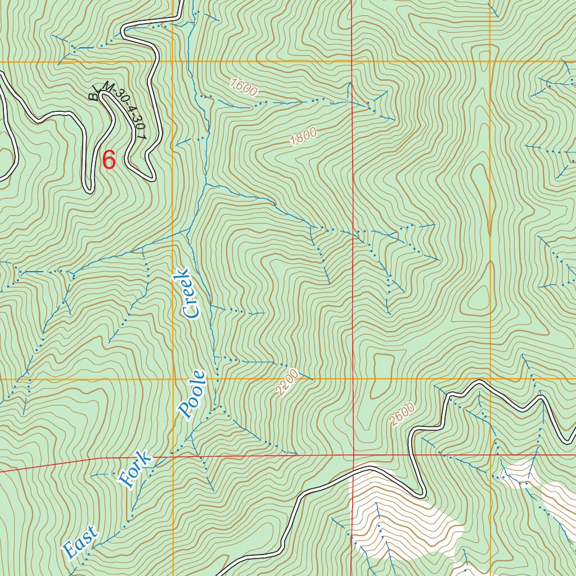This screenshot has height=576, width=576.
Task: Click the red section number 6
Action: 109,160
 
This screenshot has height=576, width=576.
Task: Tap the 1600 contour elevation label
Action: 244,88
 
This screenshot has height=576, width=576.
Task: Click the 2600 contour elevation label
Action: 402,415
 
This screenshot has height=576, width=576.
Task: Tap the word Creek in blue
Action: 188,294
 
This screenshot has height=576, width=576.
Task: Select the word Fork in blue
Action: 135,469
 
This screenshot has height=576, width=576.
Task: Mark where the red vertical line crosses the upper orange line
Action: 352,61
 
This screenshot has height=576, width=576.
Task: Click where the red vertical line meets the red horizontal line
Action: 353,454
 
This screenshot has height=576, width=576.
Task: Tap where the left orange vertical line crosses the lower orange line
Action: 173,379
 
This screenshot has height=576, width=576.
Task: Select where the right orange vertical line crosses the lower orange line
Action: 490,379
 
